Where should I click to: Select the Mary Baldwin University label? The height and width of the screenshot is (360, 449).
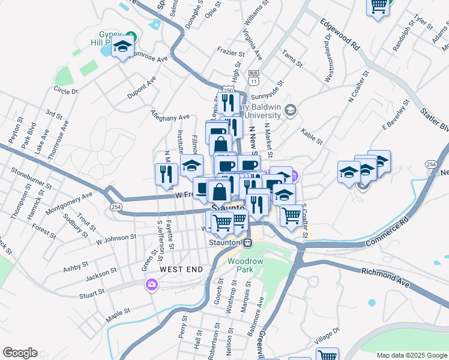click(x=250, y=112)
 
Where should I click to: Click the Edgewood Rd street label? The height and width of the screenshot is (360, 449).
click(x=339, y=35)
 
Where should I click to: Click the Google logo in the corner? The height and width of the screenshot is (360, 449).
click(x=20, y=353)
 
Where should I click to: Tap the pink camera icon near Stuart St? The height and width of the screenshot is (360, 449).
click(x=151, y=284)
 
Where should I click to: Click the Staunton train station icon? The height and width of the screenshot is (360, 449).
click(x=247, y=242)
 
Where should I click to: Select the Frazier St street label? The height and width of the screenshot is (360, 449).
click(x=230, y=53)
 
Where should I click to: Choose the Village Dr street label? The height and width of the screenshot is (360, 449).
click(x=327, y=334)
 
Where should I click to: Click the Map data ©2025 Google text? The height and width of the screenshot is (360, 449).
click(x=412, y=355)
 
